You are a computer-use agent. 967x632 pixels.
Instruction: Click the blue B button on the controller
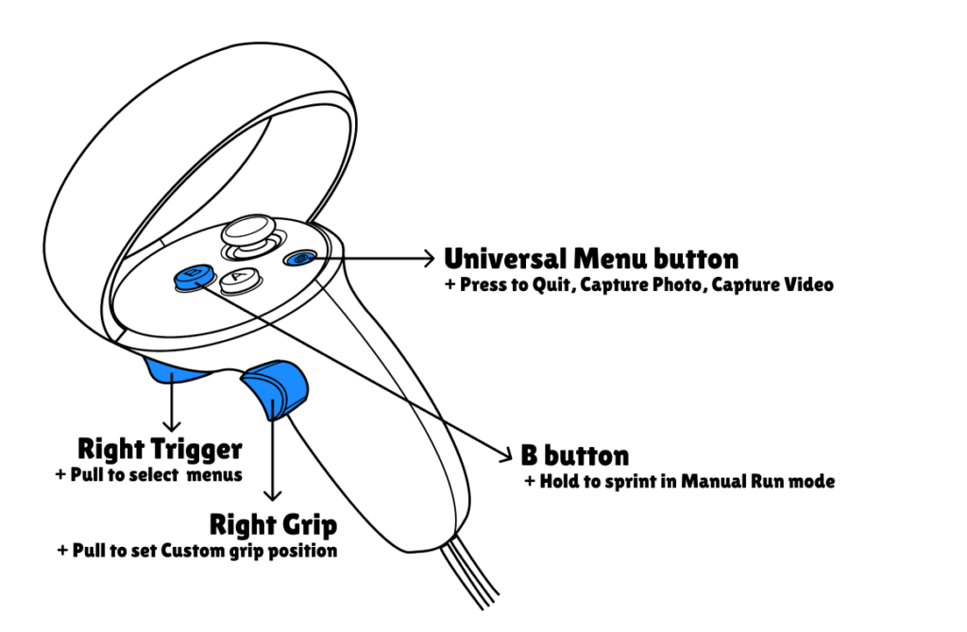(x=193, y=276)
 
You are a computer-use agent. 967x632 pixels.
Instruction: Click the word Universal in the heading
(x=502, y=258)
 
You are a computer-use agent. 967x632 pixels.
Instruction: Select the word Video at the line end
(x=809, y=284)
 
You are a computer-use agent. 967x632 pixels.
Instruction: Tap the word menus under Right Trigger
(x=214, y=474)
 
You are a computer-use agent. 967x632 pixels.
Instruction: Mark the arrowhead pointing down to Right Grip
(x=274, y=495)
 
